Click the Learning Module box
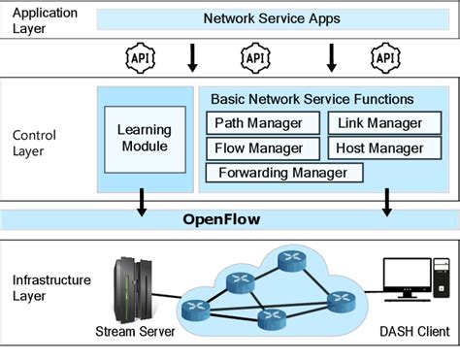(x=144, y=138)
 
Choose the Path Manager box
(x=261, y=123)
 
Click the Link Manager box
(x=380, y=123)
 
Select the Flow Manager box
(x=261, y=148)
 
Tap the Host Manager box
(x=380, y=148)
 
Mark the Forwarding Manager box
(x=283, y=174)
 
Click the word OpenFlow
(x=222, y=219)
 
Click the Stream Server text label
(x=135, y=332)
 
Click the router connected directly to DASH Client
(x=341, y=300)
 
